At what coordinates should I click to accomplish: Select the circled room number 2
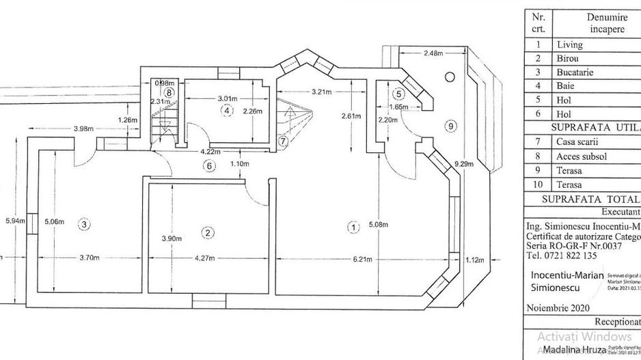click(x=207, y=233)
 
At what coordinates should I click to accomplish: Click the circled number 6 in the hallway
click(x=210, y=165)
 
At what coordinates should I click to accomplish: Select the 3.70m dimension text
click(x=90, y=258)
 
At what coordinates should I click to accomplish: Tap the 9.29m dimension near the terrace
click(x=465, y=163)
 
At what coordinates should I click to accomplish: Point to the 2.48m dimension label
click(x=433, y=53)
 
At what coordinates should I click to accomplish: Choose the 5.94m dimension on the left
click(x=14, y=221)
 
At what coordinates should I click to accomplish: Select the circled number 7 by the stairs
click(x=283, y=141)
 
